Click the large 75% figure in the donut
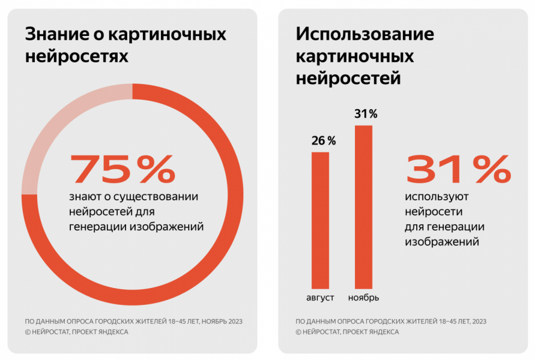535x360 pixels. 123,169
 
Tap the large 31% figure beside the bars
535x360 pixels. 459,170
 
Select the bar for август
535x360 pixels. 320,220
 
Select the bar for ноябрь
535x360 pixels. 363,207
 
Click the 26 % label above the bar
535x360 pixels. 323,141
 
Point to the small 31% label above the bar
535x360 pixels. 365,114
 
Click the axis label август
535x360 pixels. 320,298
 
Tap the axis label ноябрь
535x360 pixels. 363,298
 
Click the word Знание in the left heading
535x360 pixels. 55,34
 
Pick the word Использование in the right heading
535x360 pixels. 365,34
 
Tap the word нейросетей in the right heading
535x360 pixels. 348,78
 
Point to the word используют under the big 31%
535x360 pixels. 437,197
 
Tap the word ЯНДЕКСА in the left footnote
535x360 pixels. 112,332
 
